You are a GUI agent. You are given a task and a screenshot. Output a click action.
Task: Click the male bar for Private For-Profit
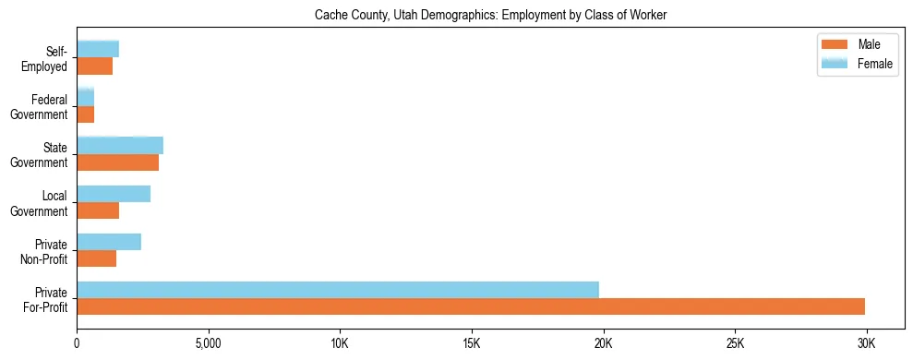471,306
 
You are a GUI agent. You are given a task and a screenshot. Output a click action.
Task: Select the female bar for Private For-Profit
338,290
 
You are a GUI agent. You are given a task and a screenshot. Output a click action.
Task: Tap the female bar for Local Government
114,194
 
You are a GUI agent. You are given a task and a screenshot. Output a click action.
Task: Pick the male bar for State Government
117,162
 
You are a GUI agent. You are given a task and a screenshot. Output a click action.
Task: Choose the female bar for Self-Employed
98,50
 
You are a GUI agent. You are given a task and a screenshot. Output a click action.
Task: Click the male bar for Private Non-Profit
96,258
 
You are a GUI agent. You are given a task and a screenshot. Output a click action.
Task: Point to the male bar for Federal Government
85,114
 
